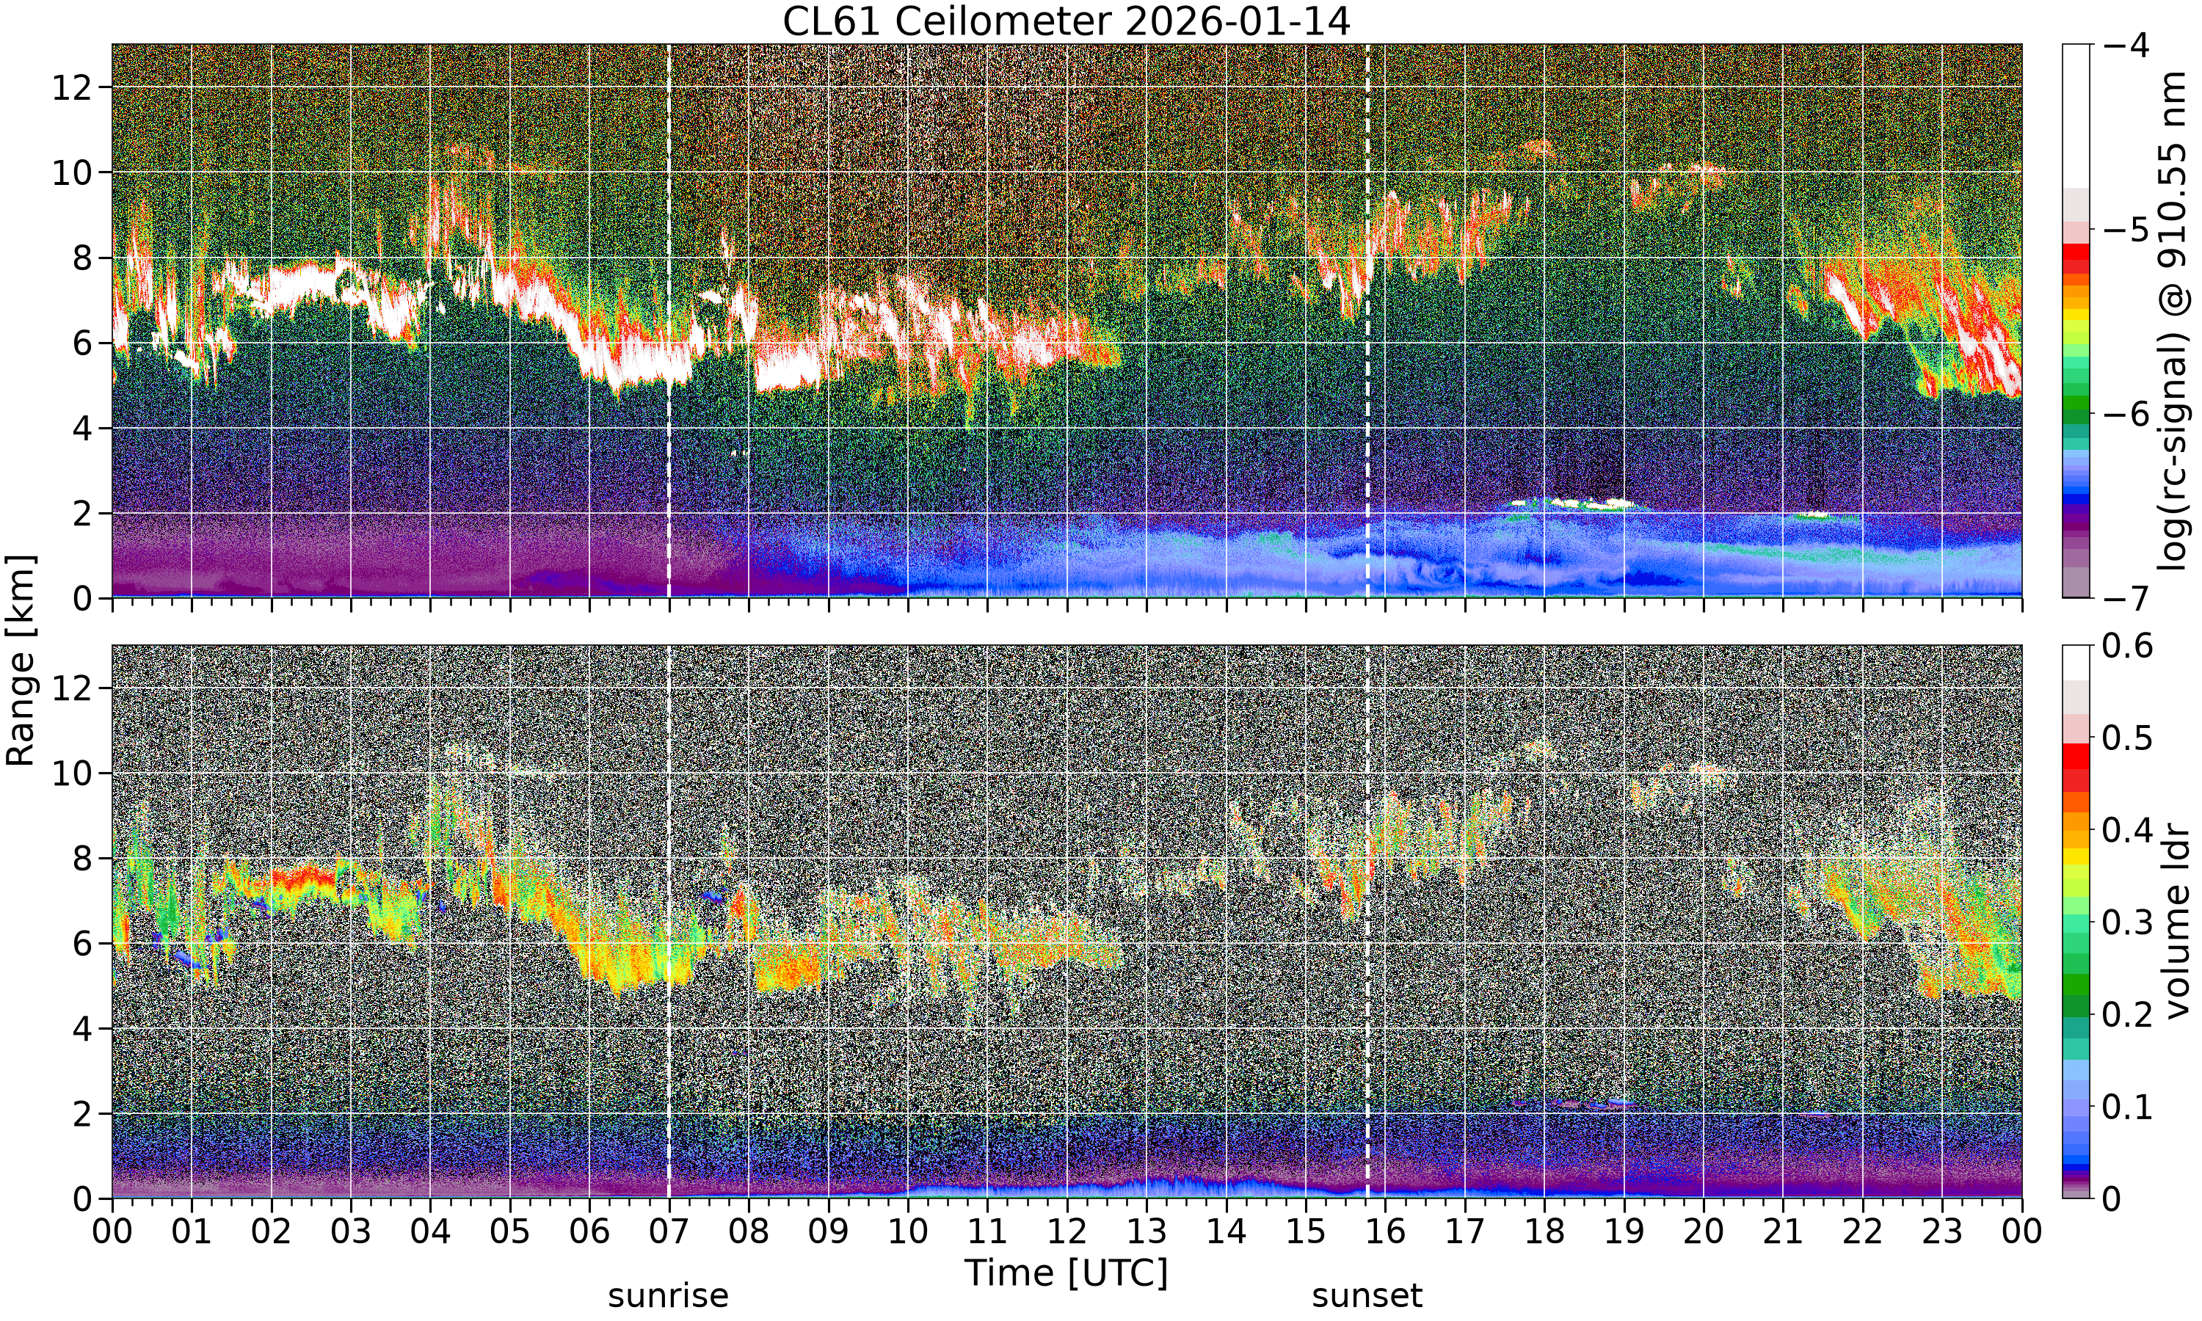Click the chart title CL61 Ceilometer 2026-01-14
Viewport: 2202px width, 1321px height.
[1067, 21]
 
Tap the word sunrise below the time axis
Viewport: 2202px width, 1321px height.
[669, 1296]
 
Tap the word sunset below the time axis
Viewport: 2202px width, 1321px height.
[1367, 1296]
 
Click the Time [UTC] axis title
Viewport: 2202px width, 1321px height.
[1067, 1274]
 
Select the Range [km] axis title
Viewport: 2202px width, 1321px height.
[21, 660]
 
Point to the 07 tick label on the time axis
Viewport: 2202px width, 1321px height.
[669, 1233]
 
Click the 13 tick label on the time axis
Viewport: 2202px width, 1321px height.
[1147, 1233]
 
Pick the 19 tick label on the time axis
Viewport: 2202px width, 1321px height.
[1624, 1233]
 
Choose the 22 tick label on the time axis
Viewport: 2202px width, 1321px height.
[1862, 1233]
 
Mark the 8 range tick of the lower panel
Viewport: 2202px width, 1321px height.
[84, 859]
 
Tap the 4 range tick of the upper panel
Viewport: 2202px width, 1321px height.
[84, 429]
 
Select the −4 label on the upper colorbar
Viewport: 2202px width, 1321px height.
[2126, 45]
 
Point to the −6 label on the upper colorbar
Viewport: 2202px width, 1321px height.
[2126, 414]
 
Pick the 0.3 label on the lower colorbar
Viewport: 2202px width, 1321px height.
[2128, 922]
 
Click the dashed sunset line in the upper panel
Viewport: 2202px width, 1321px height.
[1367, 321]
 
